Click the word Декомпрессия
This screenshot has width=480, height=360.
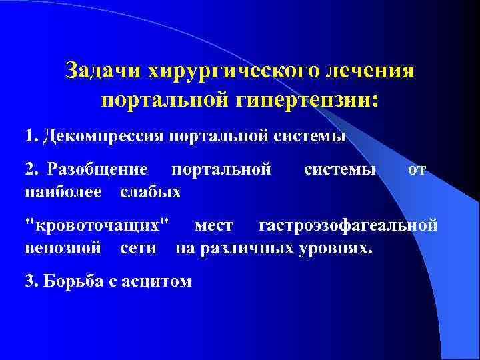click(103, 137)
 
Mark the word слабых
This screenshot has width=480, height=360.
click(151, 192)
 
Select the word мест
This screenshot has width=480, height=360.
click(213, 227)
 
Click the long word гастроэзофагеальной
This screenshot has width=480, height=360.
click(348, 227)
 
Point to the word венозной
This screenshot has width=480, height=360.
click(62, 249)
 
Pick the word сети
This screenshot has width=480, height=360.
click(139, 249)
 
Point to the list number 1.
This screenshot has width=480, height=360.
click(29, 137)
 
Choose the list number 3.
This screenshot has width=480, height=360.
click(29, 281)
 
